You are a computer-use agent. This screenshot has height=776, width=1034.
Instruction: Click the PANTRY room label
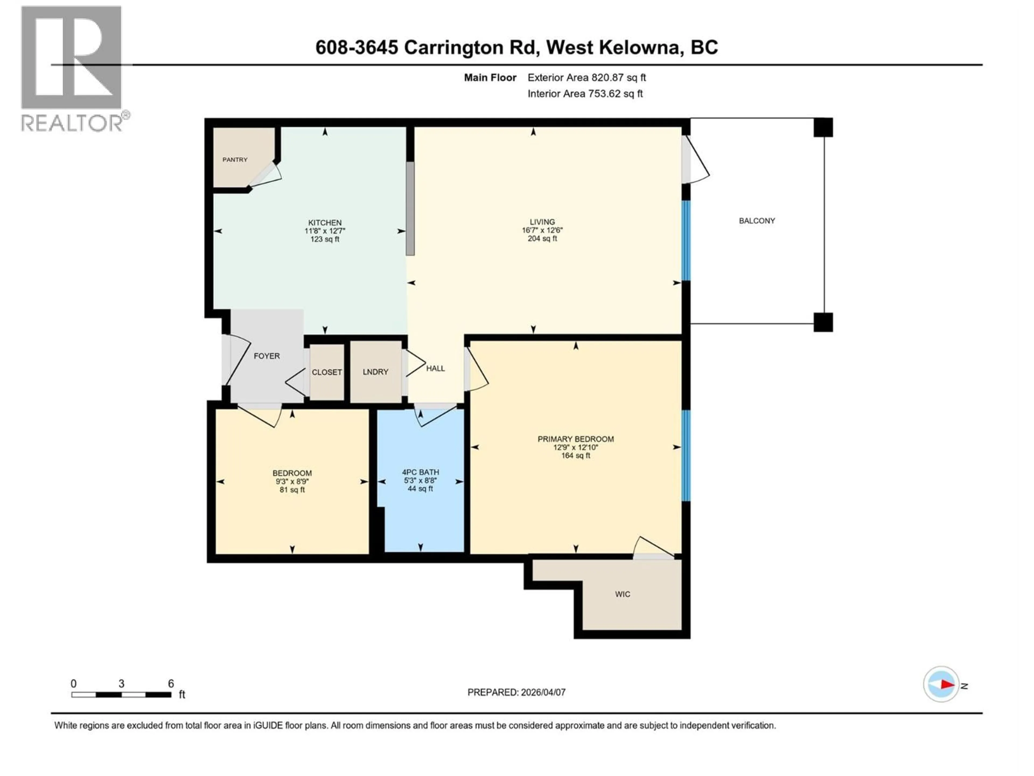pyautogui.click(x=235, y=160)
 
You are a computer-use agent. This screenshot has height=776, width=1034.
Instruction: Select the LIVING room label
pyautogui.click(x=542, y=222)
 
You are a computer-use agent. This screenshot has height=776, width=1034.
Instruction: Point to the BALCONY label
pyautogui.click(x=757, y=221)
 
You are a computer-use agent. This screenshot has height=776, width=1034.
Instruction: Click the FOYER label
pyautogui.click(x=267, y=356)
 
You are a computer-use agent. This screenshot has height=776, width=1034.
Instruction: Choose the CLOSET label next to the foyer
pyautogui.click(x=327, y=372)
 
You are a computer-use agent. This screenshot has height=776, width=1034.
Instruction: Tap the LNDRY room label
pyautogui.click(x=375, y=372)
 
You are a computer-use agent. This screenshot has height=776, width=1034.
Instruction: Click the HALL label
pyautogui.click(x=435, y=369)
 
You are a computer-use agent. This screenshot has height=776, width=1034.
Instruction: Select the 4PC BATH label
pyautogui.click(x=420, y=472)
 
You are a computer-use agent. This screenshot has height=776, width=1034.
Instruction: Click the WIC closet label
pyautogui.click(x=623, y=594)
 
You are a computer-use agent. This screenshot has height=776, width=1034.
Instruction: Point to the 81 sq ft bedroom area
pyautogui.click(x=292, y=490)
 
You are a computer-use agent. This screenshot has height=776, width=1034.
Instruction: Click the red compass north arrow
pyautogui.click(x=947, y=685)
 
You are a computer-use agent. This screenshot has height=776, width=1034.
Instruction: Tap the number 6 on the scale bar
pyautogui.click(x=171, y=683)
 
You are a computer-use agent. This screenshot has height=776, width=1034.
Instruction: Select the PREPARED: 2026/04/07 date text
pyautogui.click(x=516, y=692)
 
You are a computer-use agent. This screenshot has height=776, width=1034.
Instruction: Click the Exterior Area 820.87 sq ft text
pyautogui.click(x=587, y=78)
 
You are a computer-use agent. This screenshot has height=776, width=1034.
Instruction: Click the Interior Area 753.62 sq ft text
pyautogui.click(x=585, y=93)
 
